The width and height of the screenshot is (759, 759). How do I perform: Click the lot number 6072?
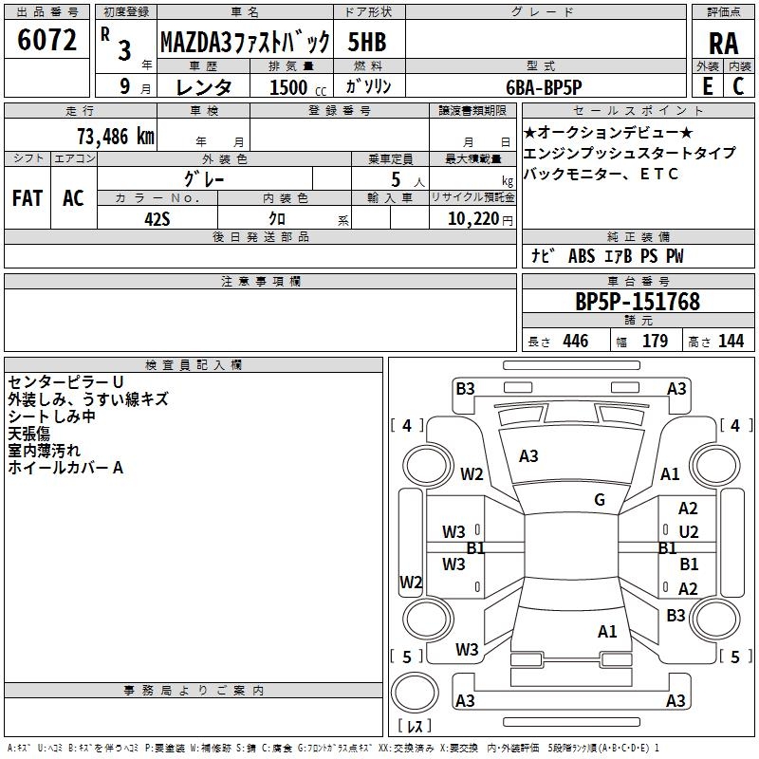pyautogui.click(x=46, y=40)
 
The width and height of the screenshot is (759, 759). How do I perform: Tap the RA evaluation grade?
pyautogui.click(x=723, y=44)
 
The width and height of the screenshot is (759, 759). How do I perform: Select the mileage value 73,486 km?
pyautogui.click(x=116, y=137)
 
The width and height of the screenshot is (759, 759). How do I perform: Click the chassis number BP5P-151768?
pyautogui.click(x=638, y=302)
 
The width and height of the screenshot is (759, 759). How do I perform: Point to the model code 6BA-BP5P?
pyautogui.click(x=544, y=87)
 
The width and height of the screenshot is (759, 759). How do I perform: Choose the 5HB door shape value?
pyautogui.click(x=367, y=42)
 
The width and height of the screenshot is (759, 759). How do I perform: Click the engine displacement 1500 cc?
pyautogui.click(x=298, y=87)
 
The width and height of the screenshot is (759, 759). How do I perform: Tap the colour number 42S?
pyautogui.click(x=157, y=219)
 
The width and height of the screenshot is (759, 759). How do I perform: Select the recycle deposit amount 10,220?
pyautogui.click(x=472, y=219)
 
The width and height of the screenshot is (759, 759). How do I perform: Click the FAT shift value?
pyautogui.click(x=28, y=198)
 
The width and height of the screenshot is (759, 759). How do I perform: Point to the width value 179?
pyautogui.click(x=655, y=341)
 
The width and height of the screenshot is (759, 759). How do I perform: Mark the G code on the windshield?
pyautogui.click(x=600, y=499)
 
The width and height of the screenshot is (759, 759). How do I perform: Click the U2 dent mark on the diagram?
pyautogui.click(x=689, y=532)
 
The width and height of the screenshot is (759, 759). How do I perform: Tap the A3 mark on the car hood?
pyautogui.click(x=528, y=456)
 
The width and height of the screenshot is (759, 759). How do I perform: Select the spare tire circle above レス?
pyautogui.click(x=415, y=693)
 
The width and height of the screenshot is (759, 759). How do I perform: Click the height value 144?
pyautogui.click(x=731, y=341)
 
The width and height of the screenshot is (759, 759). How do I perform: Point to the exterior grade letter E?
pyautogui.click(x=707, y=86)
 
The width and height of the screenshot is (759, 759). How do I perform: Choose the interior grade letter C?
pyautogui.click(x=738, y=86)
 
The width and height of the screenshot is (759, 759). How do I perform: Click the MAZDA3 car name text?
pyautogui.click(x=196, y=42)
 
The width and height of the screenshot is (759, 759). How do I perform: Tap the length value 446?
pyautogui.click(x=576, y=341)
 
